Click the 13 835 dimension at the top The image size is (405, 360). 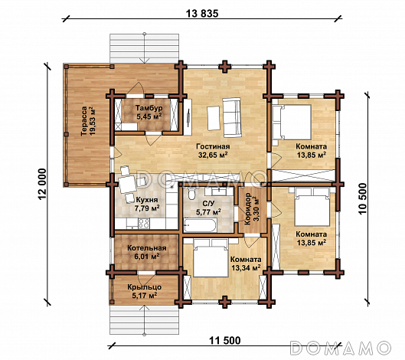[202, 14]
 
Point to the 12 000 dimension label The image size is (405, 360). [43, 185]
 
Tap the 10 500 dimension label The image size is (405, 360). [363, 199]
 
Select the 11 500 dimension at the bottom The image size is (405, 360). [224, 341]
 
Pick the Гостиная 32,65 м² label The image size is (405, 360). [213, 151]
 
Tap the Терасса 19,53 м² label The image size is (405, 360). [88, 121]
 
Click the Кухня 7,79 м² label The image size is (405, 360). [147, 204]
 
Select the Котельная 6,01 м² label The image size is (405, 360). [147, 252]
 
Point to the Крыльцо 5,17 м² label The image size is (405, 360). [145, 291]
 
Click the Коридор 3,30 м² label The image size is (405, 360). [252, 209]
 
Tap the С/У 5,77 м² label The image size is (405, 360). [208, 208]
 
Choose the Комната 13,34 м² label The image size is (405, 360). [246, 263]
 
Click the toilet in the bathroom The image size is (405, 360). [191, 194]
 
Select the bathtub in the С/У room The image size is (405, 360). [200, 226]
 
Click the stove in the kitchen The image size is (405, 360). [144, 224]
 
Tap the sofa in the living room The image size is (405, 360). [232, 117]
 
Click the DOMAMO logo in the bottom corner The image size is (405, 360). [341, 347]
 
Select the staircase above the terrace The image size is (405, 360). [144, 48]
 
